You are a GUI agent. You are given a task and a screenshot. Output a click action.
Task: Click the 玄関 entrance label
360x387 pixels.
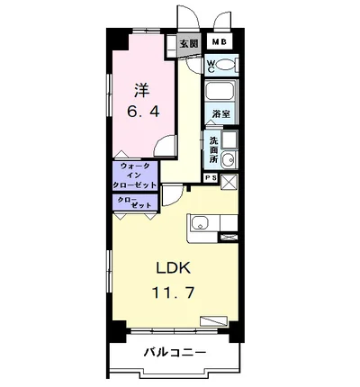(188, 42)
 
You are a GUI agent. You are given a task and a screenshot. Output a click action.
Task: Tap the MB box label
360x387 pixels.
(219, 42)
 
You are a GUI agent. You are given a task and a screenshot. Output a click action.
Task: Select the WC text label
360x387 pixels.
(209, 64)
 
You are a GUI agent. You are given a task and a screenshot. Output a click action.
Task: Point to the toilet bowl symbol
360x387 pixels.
(225, 65)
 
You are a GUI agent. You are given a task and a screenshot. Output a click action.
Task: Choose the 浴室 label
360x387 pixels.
(221, 115)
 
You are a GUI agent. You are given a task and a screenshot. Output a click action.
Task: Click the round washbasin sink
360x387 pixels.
(229, 161)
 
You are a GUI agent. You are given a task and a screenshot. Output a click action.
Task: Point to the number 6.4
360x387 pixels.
(141, 112)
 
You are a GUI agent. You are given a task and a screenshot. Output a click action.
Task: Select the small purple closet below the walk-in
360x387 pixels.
(135, 202)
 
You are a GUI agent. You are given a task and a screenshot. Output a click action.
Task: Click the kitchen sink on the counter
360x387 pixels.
(200, 225)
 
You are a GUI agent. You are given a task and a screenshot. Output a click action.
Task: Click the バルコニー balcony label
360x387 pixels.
(175, 353)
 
